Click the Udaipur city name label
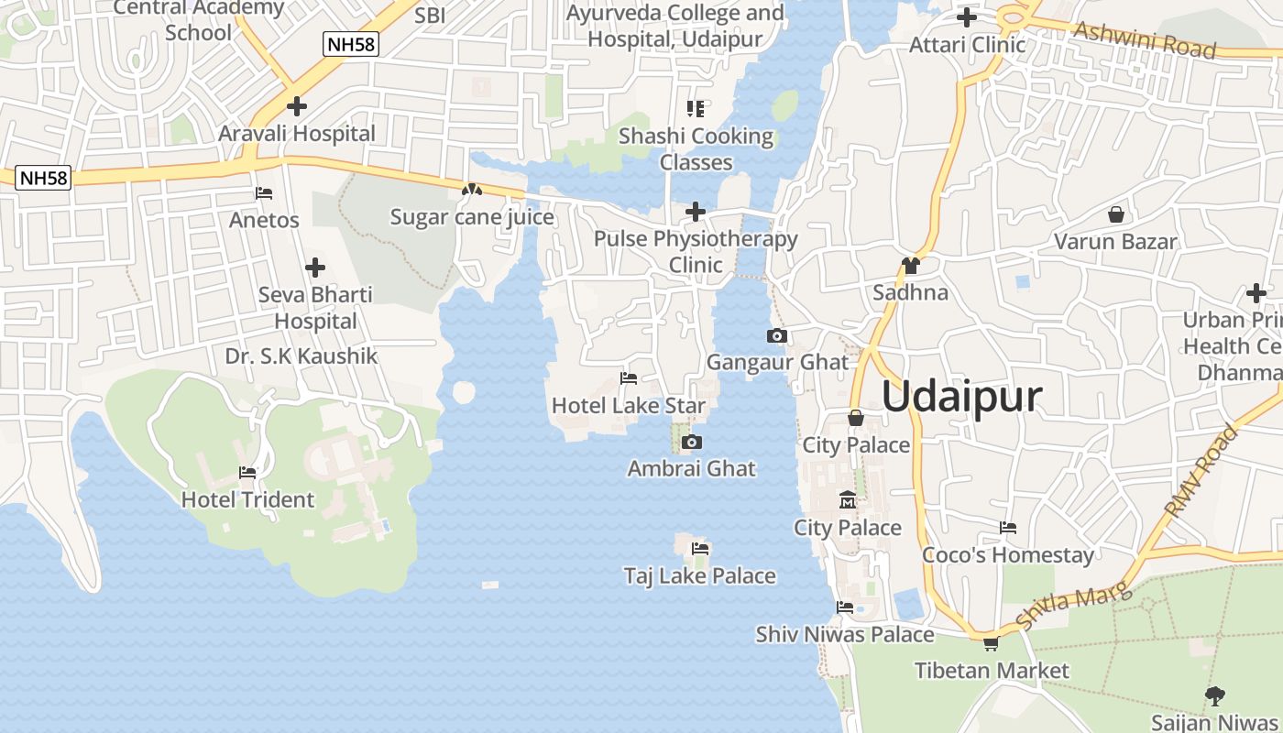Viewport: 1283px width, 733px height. (962, 397)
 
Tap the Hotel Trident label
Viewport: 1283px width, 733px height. (247, 500)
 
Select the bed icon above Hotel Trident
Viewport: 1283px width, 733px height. (247, 473)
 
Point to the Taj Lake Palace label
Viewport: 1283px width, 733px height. (699, 576)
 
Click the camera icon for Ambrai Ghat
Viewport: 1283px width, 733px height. (693, 443)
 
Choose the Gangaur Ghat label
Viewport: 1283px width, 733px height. (777, 362)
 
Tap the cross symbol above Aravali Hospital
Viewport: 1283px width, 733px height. (296, 106)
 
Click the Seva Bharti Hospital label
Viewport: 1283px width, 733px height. (315, 308)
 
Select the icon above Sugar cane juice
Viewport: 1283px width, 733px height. (472, 191)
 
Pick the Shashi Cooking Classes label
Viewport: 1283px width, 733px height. (696, 149)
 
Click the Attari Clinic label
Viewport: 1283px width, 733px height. (967, 44)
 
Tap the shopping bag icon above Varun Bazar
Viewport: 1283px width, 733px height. (1116, 215)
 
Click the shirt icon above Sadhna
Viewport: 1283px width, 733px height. (910, 266)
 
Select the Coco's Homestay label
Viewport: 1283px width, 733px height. (1008, 555)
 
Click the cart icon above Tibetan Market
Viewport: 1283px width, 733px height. (991, 644)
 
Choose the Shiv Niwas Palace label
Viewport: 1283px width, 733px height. (845, 634)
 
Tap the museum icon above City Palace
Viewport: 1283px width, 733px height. (848, 500)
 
